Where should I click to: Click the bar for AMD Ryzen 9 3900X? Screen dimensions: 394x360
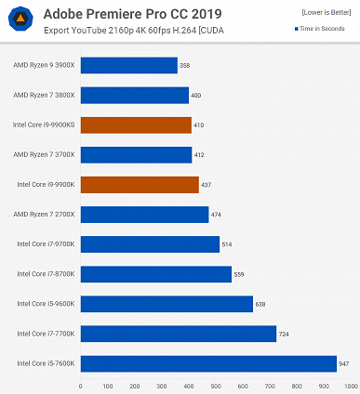coord(128,65)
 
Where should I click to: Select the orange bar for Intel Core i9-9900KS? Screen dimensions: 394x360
coord(136,125)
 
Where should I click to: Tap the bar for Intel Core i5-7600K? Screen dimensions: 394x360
coord(208,363)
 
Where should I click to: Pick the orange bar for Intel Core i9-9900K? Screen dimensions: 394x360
coord(140,185)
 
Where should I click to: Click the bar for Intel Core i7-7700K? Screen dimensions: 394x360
coord(178,334)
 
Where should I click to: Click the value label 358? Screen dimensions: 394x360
coord(185,65)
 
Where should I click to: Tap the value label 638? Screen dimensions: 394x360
coord(261,304)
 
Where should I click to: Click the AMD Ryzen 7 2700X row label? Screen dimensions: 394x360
coord(45,215)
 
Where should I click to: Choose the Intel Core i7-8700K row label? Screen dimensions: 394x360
coord(46,274)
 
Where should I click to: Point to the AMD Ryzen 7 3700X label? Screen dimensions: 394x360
coord(45,155)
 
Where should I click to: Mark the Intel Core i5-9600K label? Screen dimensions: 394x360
coord(46,304)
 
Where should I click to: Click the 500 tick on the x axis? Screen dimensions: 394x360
coord(216,386)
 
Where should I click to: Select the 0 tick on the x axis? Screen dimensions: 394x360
coord(81,386)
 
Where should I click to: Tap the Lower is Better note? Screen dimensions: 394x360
coord(326,10)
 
